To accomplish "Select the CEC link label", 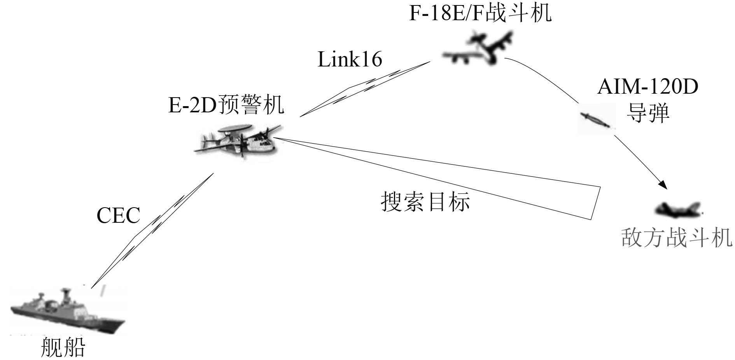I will [118, 215].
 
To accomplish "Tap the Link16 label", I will [350, 59].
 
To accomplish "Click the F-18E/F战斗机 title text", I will [480, 12].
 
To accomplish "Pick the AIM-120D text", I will [647, 87].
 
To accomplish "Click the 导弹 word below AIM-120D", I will [647, 113].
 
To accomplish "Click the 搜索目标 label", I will [425, 201].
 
